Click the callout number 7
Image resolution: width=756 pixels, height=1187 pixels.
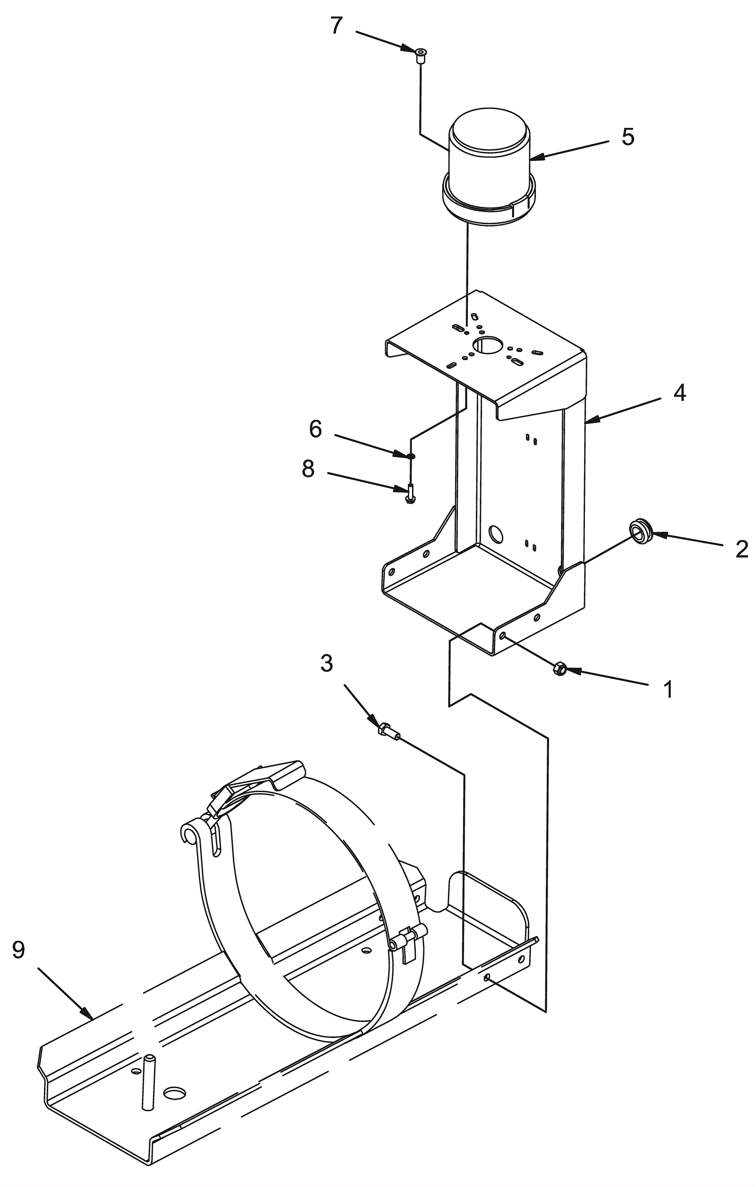(336, 25)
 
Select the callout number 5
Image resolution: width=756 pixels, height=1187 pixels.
(627, 136)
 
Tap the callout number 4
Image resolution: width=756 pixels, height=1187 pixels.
(679, 393)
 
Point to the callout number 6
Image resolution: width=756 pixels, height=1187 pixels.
(315, 429)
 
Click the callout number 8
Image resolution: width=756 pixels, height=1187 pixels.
(308, 469)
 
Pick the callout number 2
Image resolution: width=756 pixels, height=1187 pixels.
(741, 549)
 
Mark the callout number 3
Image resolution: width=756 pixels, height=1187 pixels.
(326, 663)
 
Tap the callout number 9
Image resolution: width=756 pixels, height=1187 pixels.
(19, 950)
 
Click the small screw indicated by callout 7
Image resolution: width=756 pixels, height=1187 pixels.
(421, 56)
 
